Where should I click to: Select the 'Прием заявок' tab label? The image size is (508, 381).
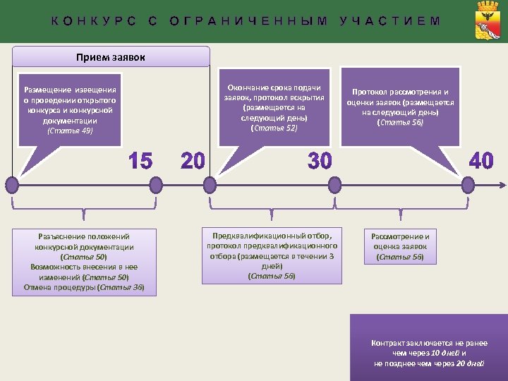[111, 56]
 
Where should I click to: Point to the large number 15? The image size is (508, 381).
[140, 162]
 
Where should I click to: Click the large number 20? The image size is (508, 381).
[193, 162]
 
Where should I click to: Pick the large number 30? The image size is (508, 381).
[320, 162]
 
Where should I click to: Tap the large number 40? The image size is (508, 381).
[481, 162]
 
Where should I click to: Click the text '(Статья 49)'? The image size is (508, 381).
[69, 131]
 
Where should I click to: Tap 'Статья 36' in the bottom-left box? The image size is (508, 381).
[122, 287]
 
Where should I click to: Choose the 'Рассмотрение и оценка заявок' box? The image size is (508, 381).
[400, 246]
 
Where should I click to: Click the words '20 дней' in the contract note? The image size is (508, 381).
[468, 363]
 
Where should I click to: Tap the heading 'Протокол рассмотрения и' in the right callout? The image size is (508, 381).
[400, 92]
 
